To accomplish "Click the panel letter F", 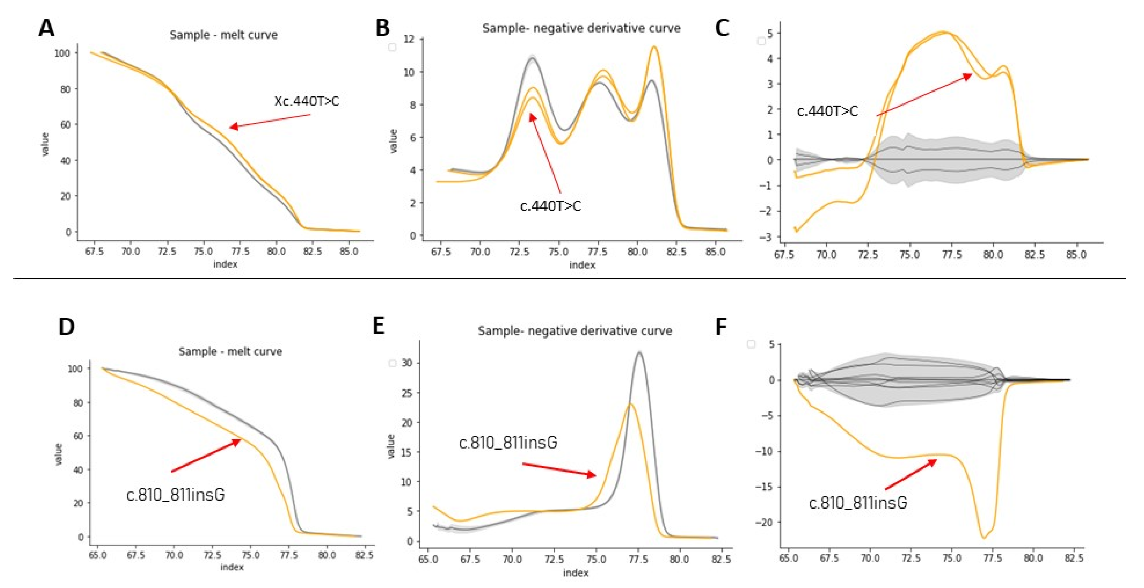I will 721,327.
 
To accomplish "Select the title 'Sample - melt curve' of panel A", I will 223,35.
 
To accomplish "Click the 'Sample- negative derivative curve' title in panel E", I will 575,331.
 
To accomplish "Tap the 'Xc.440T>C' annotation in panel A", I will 307,102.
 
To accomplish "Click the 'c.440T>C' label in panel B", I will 550,206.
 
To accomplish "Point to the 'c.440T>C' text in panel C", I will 827,111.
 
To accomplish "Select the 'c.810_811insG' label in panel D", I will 175,494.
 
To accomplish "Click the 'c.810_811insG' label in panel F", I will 857,503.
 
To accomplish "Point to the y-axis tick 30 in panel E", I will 407,363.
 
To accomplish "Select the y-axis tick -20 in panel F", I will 763,522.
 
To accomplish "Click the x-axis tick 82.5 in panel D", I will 364,555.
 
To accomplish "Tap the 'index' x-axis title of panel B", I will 582,265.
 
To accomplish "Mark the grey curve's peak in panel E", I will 640,352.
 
